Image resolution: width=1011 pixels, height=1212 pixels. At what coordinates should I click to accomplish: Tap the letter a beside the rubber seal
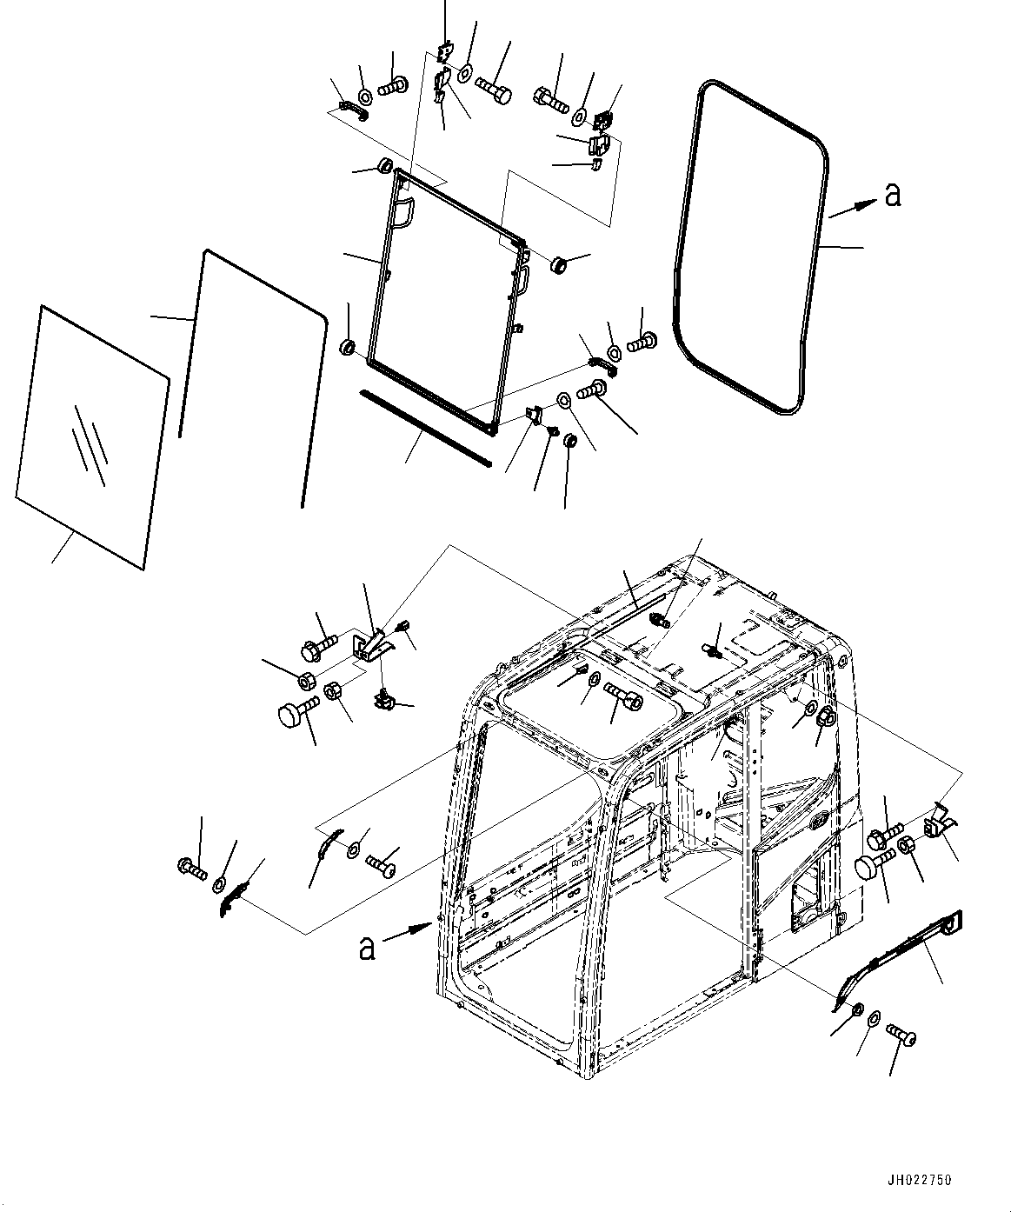click(x=892, y=196)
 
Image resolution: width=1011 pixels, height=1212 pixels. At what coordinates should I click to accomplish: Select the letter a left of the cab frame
click(x=367, y=947)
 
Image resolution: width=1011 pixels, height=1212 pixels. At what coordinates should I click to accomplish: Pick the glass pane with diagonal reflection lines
click(x=91, y=435)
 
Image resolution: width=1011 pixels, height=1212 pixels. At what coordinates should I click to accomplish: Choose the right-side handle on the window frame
click(x=522, y=281)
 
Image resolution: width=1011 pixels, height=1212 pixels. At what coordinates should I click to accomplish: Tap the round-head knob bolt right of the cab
click(x=869, y=865)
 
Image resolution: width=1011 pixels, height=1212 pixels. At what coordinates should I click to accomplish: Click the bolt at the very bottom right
click(x=901, y=1034)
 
